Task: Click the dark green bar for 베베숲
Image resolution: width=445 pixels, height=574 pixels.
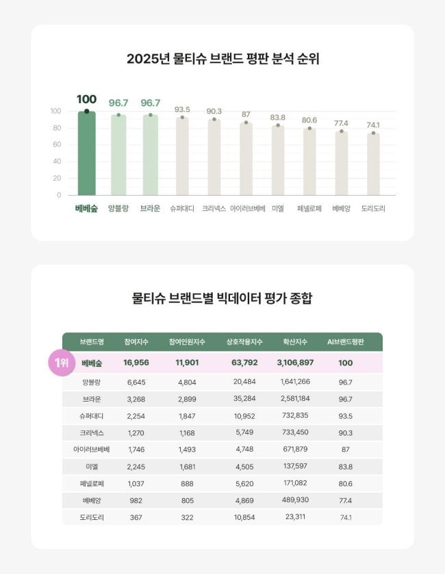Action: coord(86,153)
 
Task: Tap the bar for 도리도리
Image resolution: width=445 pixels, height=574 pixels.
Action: coord(373,164)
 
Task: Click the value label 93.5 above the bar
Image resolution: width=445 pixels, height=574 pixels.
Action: coord(182,109)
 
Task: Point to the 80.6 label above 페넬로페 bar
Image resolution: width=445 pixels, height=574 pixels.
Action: coord(309,120)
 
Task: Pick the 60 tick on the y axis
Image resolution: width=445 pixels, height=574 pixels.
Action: coord(57,145)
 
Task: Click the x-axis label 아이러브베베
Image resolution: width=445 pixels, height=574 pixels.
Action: coord(247,209)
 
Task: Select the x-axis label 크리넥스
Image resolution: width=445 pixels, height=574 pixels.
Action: coord(214,209)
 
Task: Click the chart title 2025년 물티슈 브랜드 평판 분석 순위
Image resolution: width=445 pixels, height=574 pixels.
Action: coord(222,59)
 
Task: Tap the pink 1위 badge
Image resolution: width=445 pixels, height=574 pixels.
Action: coord(62,363)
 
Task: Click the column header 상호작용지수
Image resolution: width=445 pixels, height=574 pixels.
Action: coord(244,341)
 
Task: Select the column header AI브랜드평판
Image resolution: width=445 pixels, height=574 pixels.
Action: coord(346,341)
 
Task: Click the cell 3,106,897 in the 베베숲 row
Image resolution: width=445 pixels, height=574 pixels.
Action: coord(295,363)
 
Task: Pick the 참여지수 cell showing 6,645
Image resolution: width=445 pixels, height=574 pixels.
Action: coord(136,382)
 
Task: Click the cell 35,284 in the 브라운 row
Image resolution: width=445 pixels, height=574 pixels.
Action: coord(244,399)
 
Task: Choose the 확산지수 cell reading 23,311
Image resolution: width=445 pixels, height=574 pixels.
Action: coord(295,517)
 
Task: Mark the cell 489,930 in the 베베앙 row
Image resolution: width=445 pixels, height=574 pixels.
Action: coord(295,500)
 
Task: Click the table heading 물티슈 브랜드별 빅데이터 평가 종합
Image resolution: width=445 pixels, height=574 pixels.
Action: coord(222,299)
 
